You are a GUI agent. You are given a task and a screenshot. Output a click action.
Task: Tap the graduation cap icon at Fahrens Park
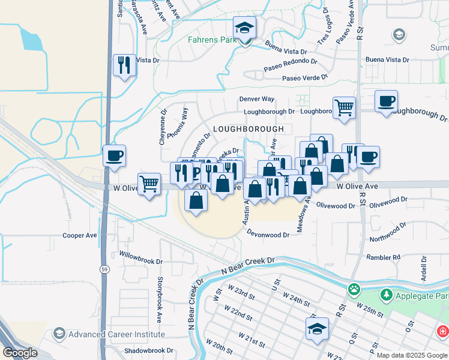tap(244, 28)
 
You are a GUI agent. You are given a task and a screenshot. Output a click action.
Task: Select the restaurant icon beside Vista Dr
tap(124, 65)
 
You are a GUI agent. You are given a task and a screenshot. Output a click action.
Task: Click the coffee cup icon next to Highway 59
tap(114, 157)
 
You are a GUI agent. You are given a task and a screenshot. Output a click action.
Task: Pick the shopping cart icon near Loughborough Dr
tap(344, 109)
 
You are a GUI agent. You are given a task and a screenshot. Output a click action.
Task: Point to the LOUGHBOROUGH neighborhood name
tap(248, 129)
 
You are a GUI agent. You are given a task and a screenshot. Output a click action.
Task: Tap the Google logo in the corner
tap(20, 352)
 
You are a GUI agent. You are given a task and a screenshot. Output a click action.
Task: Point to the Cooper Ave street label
tap(80, 236)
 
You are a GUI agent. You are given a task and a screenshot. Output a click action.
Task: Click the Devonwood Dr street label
tap(268, 235)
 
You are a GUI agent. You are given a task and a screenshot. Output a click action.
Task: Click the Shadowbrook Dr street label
tap(148, 350)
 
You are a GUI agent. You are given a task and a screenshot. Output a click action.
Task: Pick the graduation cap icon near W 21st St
tap(317, 329)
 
